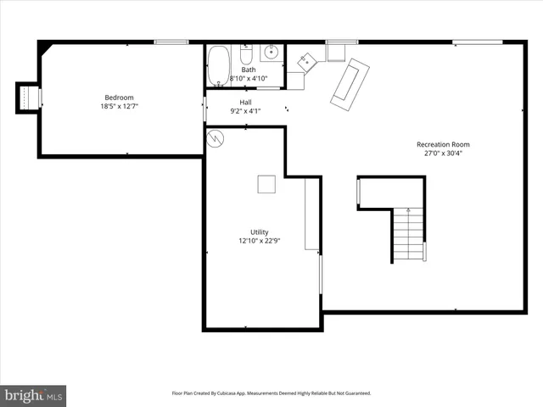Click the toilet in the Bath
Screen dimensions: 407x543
(245, 56)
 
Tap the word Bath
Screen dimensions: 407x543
(248, 70)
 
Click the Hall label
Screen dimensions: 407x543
(245, 102)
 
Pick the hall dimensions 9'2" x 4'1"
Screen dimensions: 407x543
(245, 110)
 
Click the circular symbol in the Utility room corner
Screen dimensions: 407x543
(216, 137)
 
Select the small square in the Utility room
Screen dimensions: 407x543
(266, 184)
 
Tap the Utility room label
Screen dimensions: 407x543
(259, 231)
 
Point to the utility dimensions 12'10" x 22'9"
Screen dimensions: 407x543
(259, 240)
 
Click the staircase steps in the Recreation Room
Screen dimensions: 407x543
(408, 236)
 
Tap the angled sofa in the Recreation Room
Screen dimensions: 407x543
(350, 83)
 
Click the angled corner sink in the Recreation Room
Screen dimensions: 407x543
(306, 59)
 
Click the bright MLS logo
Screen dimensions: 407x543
(33, 395)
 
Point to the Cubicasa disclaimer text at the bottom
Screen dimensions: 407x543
(271, 393)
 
